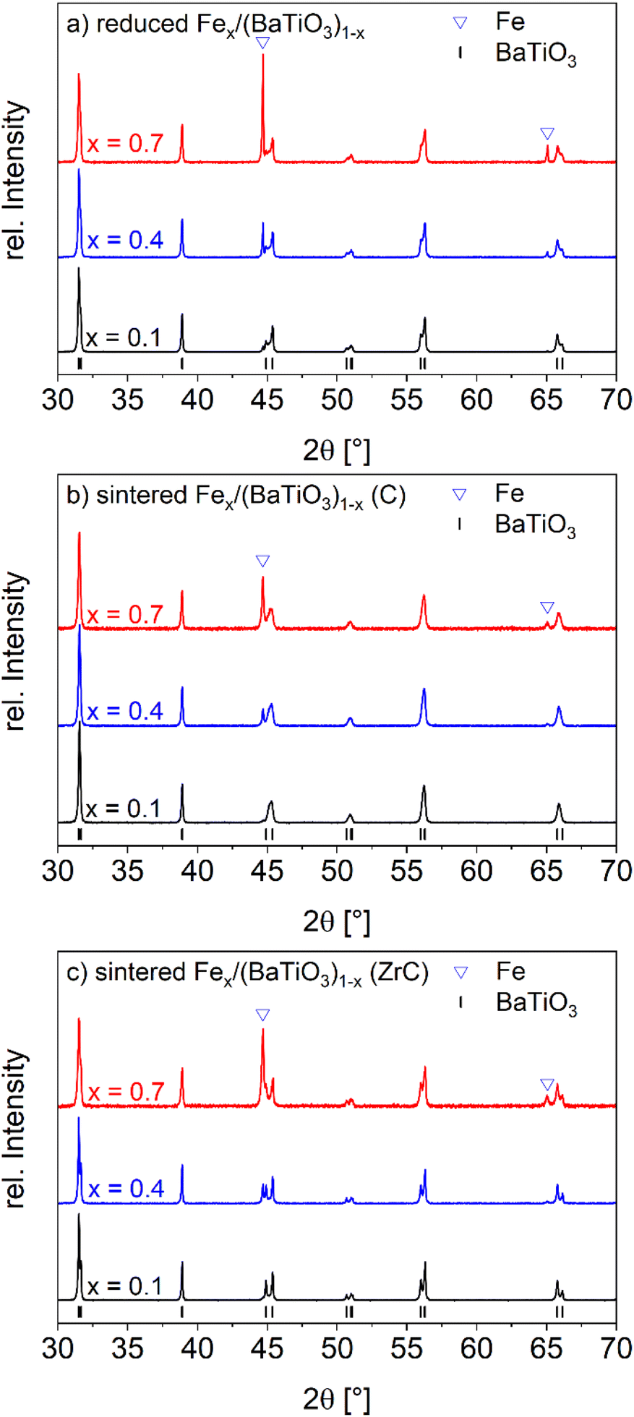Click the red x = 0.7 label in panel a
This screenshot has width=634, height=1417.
coord(124,143)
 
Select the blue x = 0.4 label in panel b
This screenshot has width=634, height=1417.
coord(124,711)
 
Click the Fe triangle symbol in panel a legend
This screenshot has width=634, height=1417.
coord(460,22)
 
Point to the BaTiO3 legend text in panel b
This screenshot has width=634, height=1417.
coord(535,525)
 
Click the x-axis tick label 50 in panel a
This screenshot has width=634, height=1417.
coord(337,400)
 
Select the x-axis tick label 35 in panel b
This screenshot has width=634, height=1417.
coord(127,871)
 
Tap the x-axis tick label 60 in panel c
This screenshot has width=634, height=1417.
coord(476,1348)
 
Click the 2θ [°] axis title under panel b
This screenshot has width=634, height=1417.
coord(337,921)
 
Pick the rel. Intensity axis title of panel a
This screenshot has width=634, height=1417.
coord(16,181)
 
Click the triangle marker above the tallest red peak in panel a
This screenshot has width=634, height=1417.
coord(263,43)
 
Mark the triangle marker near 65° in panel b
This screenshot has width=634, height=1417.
coord(547,608)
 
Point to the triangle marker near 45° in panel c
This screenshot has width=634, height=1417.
coord(262,1015)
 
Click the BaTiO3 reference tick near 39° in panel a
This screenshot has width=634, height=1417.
coord(182,363)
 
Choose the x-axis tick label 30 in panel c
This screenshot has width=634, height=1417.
coord(58,1348)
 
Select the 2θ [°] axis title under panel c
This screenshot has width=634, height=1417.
coord(337,1399)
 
